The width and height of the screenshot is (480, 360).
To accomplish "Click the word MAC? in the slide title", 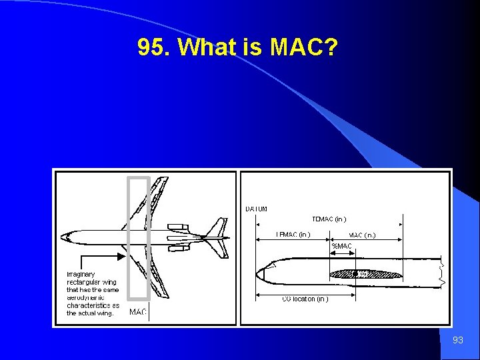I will click(304, 47).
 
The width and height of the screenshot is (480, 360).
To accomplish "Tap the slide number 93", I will click(457, 340).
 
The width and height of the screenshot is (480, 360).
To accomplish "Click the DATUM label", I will click(257, 209).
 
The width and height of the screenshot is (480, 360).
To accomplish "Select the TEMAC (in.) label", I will click(329, 219).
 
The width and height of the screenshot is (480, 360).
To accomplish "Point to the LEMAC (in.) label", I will click(293, 234).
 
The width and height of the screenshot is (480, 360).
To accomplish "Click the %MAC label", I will click(341, 246).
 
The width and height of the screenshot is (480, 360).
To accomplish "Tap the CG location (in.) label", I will click(305, 299).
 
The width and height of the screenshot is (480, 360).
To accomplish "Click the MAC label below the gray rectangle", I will click(138, 311).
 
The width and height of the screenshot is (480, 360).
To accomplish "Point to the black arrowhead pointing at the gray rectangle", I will click(121, 255).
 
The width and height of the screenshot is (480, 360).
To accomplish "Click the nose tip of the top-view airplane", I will click(62, 237).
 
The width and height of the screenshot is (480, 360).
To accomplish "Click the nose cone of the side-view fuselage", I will click(262, 273).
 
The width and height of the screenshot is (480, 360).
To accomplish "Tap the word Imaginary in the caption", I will click(81, 274).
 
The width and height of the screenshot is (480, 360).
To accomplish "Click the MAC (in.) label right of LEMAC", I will click(362, 235).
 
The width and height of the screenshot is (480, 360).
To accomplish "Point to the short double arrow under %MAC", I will click(341, 253).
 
